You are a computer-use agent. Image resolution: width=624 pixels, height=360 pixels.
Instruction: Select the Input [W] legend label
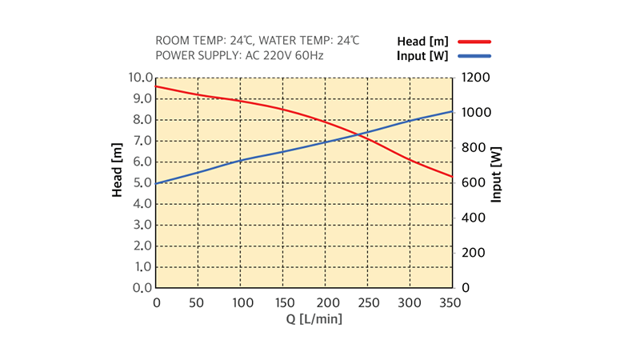pos(422,56)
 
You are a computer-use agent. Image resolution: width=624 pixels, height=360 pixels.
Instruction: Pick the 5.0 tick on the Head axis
pos(142,183)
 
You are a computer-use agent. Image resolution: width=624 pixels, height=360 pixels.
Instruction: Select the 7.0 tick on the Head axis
pos(142,141)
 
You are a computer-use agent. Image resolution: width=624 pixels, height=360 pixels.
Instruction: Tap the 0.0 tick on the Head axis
pos(142,287)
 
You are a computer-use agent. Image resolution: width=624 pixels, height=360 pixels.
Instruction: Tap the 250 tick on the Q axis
pos(368,302)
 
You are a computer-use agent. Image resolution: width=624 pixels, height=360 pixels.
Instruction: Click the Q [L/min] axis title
pos(315,319)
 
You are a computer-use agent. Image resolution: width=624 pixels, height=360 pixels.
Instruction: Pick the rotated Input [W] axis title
pos(498,174)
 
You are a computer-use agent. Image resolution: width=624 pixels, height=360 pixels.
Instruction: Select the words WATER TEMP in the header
pos(297,41)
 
